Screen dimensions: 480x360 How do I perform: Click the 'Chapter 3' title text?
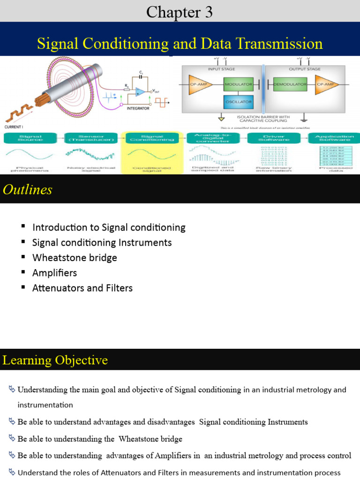click(x=180, y=12)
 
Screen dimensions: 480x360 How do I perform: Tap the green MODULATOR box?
click(x=239, y=84)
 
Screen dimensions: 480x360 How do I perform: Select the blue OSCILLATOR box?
click(x=239, y=101)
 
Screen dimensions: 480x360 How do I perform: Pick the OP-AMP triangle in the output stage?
click(x=326, y=84)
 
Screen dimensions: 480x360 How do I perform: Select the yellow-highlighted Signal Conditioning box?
click(x=152, y=138)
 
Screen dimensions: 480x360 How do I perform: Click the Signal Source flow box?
click(x=30, y=138)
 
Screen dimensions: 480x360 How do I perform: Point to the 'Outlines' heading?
click(x=27, y=189)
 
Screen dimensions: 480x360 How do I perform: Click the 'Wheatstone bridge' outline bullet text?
click(x=75, y=257)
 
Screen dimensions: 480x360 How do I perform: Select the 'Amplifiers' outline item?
click(x=54, y=272)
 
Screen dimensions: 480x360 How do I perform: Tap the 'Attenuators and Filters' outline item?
click(x=82, y=288)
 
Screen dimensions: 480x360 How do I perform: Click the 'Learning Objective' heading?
click(x=55, y=360)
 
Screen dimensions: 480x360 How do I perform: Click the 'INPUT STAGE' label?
click(x=221, y=69)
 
